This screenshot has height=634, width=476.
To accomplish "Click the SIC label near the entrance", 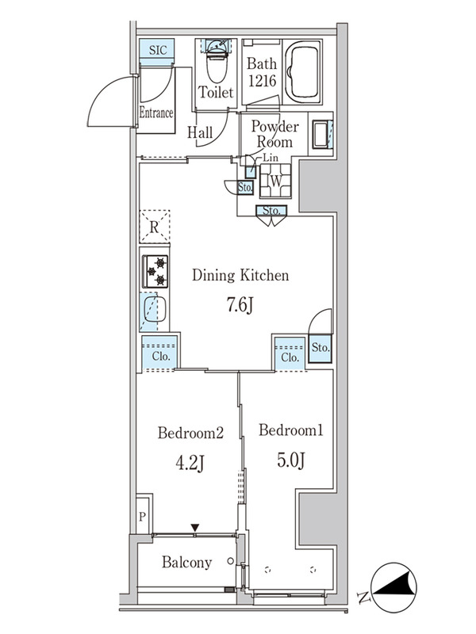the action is click(157, 50).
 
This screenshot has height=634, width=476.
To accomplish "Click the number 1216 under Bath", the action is click(262, 82).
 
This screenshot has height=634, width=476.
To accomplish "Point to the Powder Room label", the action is click(274, 134).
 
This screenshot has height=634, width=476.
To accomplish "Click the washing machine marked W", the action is click(275, 181).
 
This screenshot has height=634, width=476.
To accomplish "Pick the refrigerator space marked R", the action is click(154, 227).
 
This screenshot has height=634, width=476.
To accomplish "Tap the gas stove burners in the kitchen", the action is click(155, 271).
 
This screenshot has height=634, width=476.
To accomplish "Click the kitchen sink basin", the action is click(155, 309).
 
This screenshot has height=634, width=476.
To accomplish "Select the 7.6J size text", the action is click(240, 304).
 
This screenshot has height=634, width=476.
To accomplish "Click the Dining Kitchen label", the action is click(240, 275).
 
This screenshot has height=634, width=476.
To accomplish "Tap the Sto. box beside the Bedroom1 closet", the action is click(321, 348).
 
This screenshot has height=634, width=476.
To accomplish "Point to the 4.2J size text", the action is click(190, 463).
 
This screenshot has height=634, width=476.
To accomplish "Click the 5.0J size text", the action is click(291, 460).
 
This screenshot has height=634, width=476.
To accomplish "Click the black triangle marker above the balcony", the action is click(195, 528).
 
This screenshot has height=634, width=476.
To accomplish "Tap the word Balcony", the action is click(186, 563).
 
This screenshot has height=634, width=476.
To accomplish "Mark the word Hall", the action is click(200, 132).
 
